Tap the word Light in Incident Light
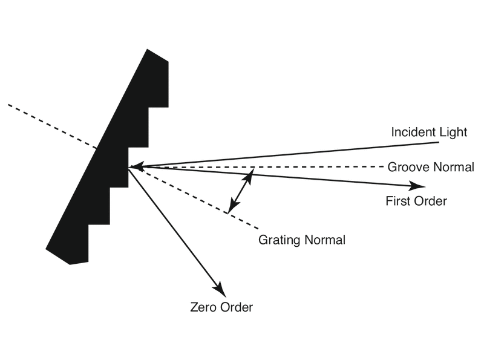point(453,132)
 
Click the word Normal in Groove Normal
point(453,168)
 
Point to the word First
point(397,201)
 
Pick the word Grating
point(279,240)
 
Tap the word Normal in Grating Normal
point(324,240)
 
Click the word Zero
point(203,307)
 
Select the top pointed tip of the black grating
point(148,50)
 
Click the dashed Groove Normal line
point(302,167)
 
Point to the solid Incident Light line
point(302,154)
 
